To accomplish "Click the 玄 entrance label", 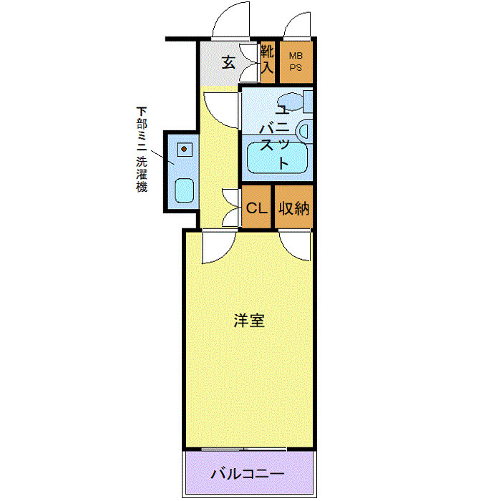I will coord(228,62).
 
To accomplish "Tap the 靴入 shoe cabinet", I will coord(267,61).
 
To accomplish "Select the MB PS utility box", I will coord(295,61).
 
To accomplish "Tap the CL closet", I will coord(256,208).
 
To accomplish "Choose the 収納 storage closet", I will coord(293,208).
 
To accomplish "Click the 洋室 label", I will coord(249,321).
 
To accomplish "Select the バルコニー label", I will coord(248,474).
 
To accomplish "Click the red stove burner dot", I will coord(184,150).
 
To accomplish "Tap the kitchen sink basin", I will coord(184,190).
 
